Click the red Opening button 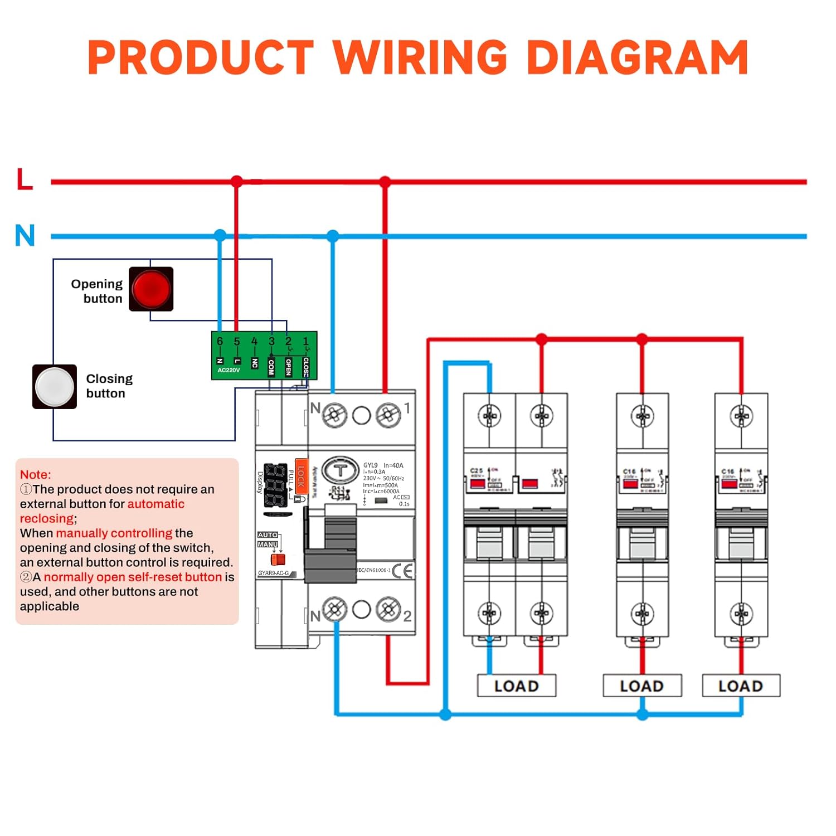[x=151, y=289]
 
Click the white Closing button [x=55, y=387]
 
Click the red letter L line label [x=25, y=179]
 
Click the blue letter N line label [x=25, y=235]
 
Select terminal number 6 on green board [x=220, y=341]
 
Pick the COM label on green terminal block [x=271, y=366]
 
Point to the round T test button [x=339, y=470]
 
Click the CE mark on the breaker [x=402, y=571]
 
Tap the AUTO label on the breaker [x=268, y=534]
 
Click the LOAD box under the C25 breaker [x=517, y=686]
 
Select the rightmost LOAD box [x=741, y=686]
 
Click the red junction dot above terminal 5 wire [x=237, y=181]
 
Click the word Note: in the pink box [x=35, y=474]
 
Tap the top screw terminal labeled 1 [x=388, y=415]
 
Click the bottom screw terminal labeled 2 [x=388, y=610]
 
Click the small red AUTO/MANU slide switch [x=278, y=559]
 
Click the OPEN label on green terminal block [x=288, y=366]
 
